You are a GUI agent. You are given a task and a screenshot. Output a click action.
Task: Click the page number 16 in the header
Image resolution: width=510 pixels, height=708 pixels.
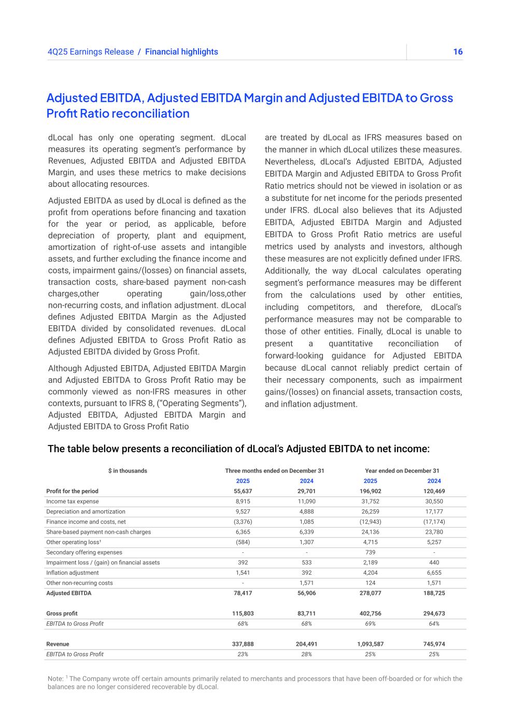pos(457,52)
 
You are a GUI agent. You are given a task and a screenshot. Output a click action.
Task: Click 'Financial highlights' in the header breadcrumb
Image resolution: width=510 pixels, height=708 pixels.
pos(181,52)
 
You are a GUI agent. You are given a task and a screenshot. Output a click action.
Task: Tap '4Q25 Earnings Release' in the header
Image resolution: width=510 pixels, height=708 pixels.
pos(90,52)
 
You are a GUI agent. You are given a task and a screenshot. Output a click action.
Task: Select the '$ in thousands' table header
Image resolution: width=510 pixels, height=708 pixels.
pos(127,471)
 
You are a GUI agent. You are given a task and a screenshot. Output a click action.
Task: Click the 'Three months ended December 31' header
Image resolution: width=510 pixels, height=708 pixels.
pos(274,471)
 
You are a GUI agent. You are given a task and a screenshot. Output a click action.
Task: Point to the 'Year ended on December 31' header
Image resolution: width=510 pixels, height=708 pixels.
pos(402,471)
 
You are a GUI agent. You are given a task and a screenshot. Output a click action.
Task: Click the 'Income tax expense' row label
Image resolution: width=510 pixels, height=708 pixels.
pos(73,502)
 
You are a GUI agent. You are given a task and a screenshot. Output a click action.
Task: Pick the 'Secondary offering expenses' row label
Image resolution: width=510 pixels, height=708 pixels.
pos(84,552)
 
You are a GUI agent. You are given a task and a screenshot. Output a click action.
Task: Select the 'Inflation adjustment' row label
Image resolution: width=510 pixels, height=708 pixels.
pos(73,573)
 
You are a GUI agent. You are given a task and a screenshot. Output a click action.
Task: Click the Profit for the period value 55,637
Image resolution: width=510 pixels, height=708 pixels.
pos(243,491)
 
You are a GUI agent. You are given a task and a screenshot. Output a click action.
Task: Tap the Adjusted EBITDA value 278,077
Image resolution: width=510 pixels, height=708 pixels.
pos(370,593)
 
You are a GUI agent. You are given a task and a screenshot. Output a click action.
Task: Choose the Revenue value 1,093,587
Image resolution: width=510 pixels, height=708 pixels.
pos(370,644)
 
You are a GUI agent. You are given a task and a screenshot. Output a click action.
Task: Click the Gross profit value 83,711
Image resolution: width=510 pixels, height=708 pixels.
pos(306,614)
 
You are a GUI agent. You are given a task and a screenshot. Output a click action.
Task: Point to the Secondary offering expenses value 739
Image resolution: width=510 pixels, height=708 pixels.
pos(370,552)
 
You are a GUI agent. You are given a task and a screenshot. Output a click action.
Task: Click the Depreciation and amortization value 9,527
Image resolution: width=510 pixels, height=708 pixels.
pos(243,512)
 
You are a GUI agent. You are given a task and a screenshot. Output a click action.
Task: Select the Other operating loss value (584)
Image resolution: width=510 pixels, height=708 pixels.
pos(243,543)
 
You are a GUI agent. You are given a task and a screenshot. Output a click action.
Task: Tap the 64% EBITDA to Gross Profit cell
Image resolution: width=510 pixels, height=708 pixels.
pos(434,624)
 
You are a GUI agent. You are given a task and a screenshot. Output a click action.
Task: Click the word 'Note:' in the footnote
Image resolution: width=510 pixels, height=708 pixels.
pos(55,679)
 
